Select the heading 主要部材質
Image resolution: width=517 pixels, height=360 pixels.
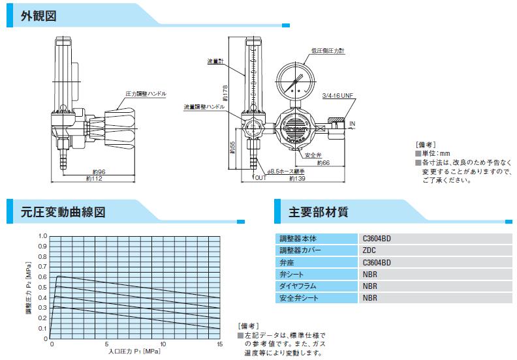tap(318, 212)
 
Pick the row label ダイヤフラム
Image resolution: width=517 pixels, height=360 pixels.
tap(299, 286)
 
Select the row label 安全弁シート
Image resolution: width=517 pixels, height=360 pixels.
tap(299, 299)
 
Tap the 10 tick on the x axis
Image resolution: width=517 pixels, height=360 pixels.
tap(164, 344)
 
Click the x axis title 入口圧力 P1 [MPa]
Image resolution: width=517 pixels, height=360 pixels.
tap(134, 352)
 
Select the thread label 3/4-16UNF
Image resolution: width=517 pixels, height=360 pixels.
tap(337, 96)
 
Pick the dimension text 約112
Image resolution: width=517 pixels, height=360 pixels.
tap(95, 179)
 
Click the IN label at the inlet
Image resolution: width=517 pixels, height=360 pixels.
tap(353, 123)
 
